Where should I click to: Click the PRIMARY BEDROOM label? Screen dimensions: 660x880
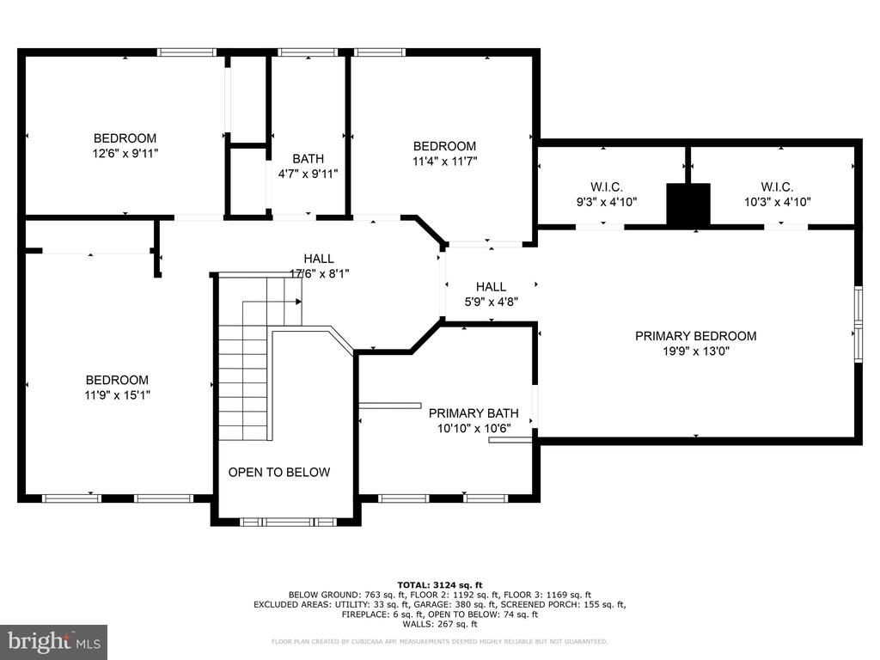pos(695,336)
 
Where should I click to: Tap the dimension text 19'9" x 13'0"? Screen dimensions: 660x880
pos(695,351)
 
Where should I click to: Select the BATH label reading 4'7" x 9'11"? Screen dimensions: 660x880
pos(308,158)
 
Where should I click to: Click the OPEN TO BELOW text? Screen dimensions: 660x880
pos(278,472)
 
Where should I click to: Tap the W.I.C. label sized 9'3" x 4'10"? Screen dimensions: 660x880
pos(606,186)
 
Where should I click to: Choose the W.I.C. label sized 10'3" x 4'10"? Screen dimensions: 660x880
pos(776,186)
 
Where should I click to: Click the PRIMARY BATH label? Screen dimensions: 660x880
pos(474,413)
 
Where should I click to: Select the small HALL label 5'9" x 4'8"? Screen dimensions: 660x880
pos(491,286)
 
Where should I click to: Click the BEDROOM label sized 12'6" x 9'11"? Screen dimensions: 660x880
pos(125,138)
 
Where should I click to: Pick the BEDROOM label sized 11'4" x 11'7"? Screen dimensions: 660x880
pos(444,146)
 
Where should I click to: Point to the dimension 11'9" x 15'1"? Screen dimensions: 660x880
pos(117,395)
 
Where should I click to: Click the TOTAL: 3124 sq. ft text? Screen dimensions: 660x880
pos(439,584)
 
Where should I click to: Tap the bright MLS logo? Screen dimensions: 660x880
pos(53,641)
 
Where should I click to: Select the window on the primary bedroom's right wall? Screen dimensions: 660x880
pos(858,325)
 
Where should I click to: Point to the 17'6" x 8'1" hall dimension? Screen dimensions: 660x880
pos(319,273)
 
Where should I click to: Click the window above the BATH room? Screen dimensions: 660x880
pos(308,52)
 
